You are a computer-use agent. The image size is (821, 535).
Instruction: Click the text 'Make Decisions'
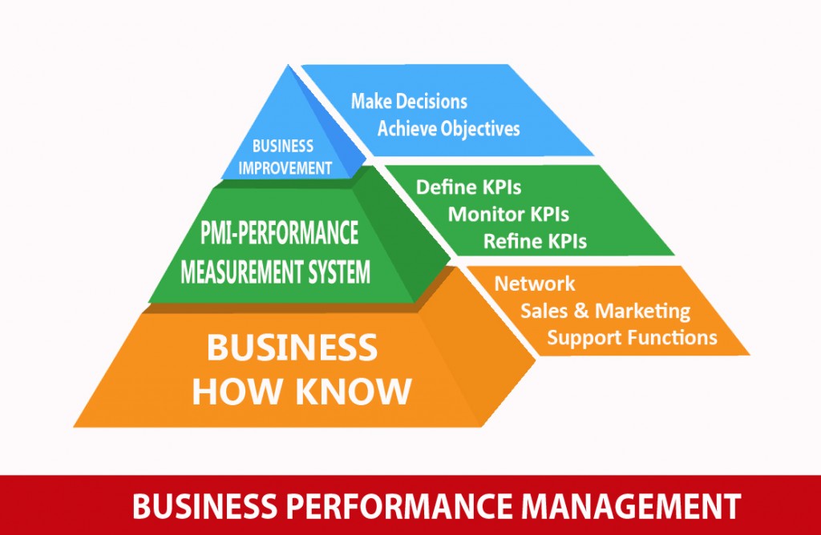coord(409,101)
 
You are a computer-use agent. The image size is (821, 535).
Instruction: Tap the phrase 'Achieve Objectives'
coord(449,128)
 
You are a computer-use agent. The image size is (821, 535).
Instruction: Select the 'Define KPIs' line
coord(468,187)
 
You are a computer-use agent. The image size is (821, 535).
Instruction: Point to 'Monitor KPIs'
coord(508,215)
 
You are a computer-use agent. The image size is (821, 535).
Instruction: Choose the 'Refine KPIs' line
coord(535,241)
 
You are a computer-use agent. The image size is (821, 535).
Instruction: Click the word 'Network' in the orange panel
coord(535,284)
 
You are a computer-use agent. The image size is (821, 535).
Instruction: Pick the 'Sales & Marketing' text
coord(605,311)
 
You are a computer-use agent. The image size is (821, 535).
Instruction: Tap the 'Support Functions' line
coord(632,337)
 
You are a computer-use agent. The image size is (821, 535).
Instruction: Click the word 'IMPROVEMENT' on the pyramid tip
coord(285,168)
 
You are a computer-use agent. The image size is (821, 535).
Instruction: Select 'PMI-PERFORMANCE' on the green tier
coord(279,233)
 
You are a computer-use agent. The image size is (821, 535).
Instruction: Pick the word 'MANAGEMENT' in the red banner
coord(632,505)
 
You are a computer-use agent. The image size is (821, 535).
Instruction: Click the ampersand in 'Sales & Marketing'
coord(581,311)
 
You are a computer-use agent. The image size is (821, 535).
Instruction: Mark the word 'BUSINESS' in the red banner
coord(204,505)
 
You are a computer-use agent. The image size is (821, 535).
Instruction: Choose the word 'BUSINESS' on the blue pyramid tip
coord(283,146)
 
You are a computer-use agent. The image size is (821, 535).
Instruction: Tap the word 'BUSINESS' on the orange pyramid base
coord(292,348)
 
